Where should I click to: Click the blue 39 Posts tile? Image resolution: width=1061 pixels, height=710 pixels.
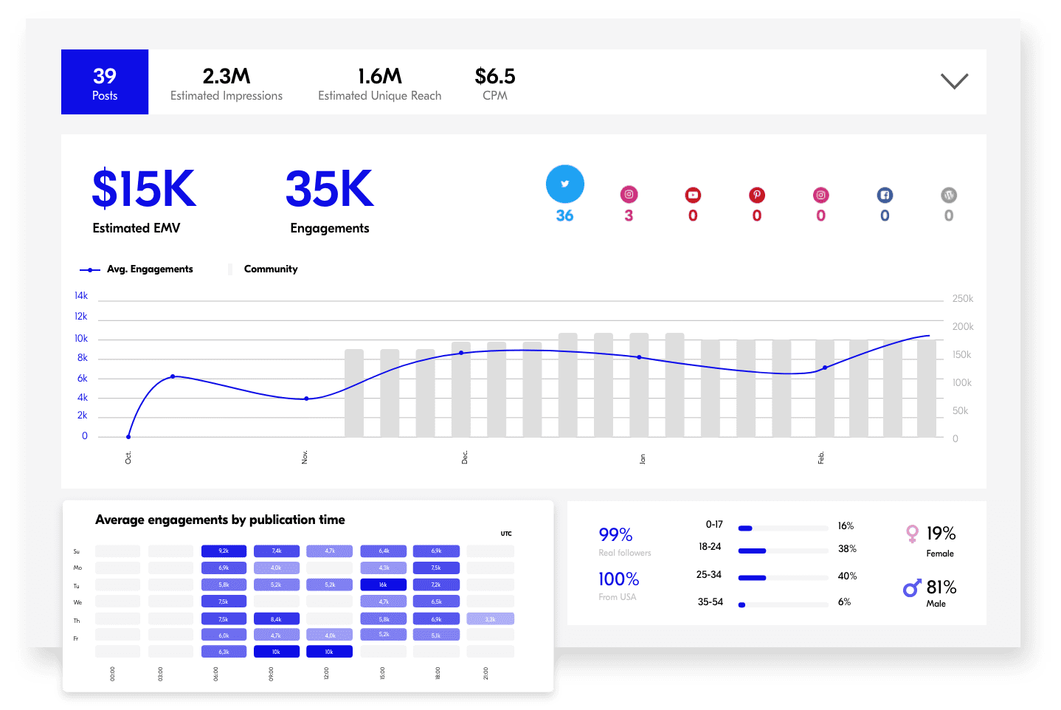105,82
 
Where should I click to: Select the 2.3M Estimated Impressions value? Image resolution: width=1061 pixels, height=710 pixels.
227,76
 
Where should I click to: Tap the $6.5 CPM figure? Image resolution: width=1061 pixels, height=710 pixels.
494,76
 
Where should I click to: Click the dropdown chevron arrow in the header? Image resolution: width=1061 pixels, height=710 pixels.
954,81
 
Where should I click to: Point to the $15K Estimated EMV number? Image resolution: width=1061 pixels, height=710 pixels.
144,189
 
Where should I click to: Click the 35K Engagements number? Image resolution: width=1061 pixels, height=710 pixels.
329,189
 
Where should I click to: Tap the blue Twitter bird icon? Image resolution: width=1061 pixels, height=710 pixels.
564,184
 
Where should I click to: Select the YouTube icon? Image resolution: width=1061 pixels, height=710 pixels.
693,195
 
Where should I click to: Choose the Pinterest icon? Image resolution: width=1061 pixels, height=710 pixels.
757,195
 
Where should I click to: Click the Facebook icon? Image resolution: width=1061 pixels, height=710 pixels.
885,195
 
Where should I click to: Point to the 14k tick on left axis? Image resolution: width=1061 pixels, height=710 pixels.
81,296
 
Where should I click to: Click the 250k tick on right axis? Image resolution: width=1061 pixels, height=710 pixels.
962,299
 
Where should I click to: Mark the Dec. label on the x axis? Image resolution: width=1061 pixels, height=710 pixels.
465,458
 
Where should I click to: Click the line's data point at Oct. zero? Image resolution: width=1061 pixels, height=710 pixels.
128,437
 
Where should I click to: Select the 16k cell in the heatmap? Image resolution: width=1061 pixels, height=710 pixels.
383,585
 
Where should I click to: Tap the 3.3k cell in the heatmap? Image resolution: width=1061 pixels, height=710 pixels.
490,619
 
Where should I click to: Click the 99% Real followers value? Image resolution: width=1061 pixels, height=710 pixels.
615,534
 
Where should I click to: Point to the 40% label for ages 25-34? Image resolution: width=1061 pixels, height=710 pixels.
847,576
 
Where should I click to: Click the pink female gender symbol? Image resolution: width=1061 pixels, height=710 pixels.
912,534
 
